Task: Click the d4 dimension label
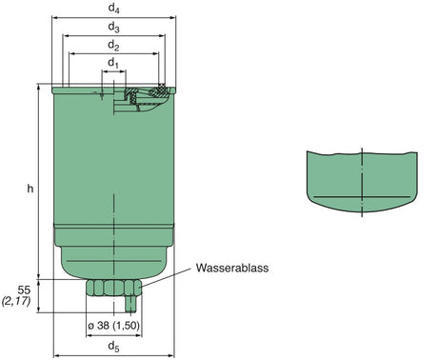(114, 9)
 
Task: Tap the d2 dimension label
(114, 45)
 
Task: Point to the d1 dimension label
(114, 63)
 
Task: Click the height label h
(30, 189)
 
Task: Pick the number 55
(26, 289)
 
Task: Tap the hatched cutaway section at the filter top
(146, 93)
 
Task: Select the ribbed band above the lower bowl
(113, 231)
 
